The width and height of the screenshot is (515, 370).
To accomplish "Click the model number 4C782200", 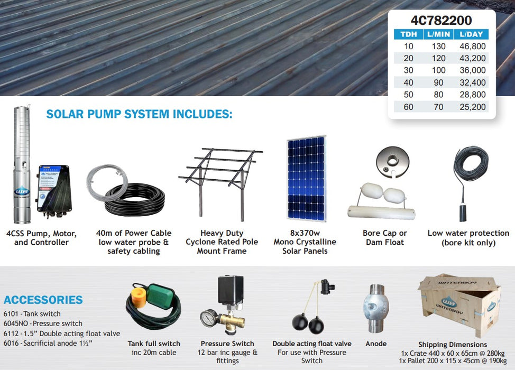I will (x=441, y=21).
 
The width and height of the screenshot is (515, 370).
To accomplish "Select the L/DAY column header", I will (x=472, y=34).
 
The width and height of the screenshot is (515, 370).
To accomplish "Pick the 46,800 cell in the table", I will (x=472, y=47).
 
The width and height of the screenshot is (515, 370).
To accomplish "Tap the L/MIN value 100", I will (x=439, y=71).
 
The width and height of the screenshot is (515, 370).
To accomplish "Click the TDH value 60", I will (x=408, y=107).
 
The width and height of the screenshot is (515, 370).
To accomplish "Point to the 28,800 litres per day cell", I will (x=472, y=95).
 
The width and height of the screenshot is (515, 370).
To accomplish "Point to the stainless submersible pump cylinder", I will (x=22, y=164).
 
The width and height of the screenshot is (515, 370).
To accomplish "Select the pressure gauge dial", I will (x=208, y=319).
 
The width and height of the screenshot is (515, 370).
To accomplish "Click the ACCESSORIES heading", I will (x=43, y=300).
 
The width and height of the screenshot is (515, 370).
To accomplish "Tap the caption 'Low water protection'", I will (x=468, y=233).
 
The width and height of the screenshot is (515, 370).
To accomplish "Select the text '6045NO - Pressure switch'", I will (x=43, y=323).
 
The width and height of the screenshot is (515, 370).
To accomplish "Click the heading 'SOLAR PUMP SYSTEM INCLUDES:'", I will (x=139, y=114).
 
